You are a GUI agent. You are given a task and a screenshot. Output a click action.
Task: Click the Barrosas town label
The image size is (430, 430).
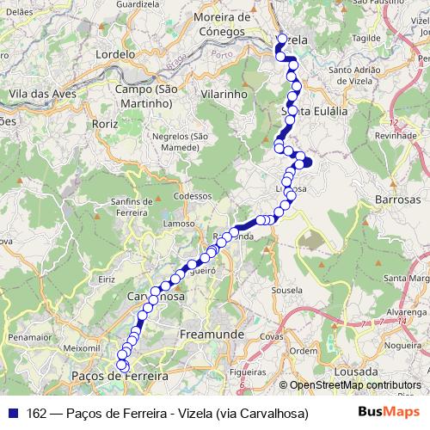coord(396,199)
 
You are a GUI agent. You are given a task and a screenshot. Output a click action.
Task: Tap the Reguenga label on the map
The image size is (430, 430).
coord(232,236)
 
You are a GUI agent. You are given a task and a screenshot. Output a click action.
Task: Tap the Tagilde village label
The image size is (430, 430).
coord(366,39)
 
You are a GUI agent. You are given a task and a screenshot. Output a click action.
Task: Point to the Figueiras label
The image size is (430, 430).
coord(249,372)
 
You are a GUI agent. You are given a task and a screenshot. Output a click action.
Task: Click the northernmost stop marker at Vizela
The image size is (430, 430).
coord(282,39)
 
